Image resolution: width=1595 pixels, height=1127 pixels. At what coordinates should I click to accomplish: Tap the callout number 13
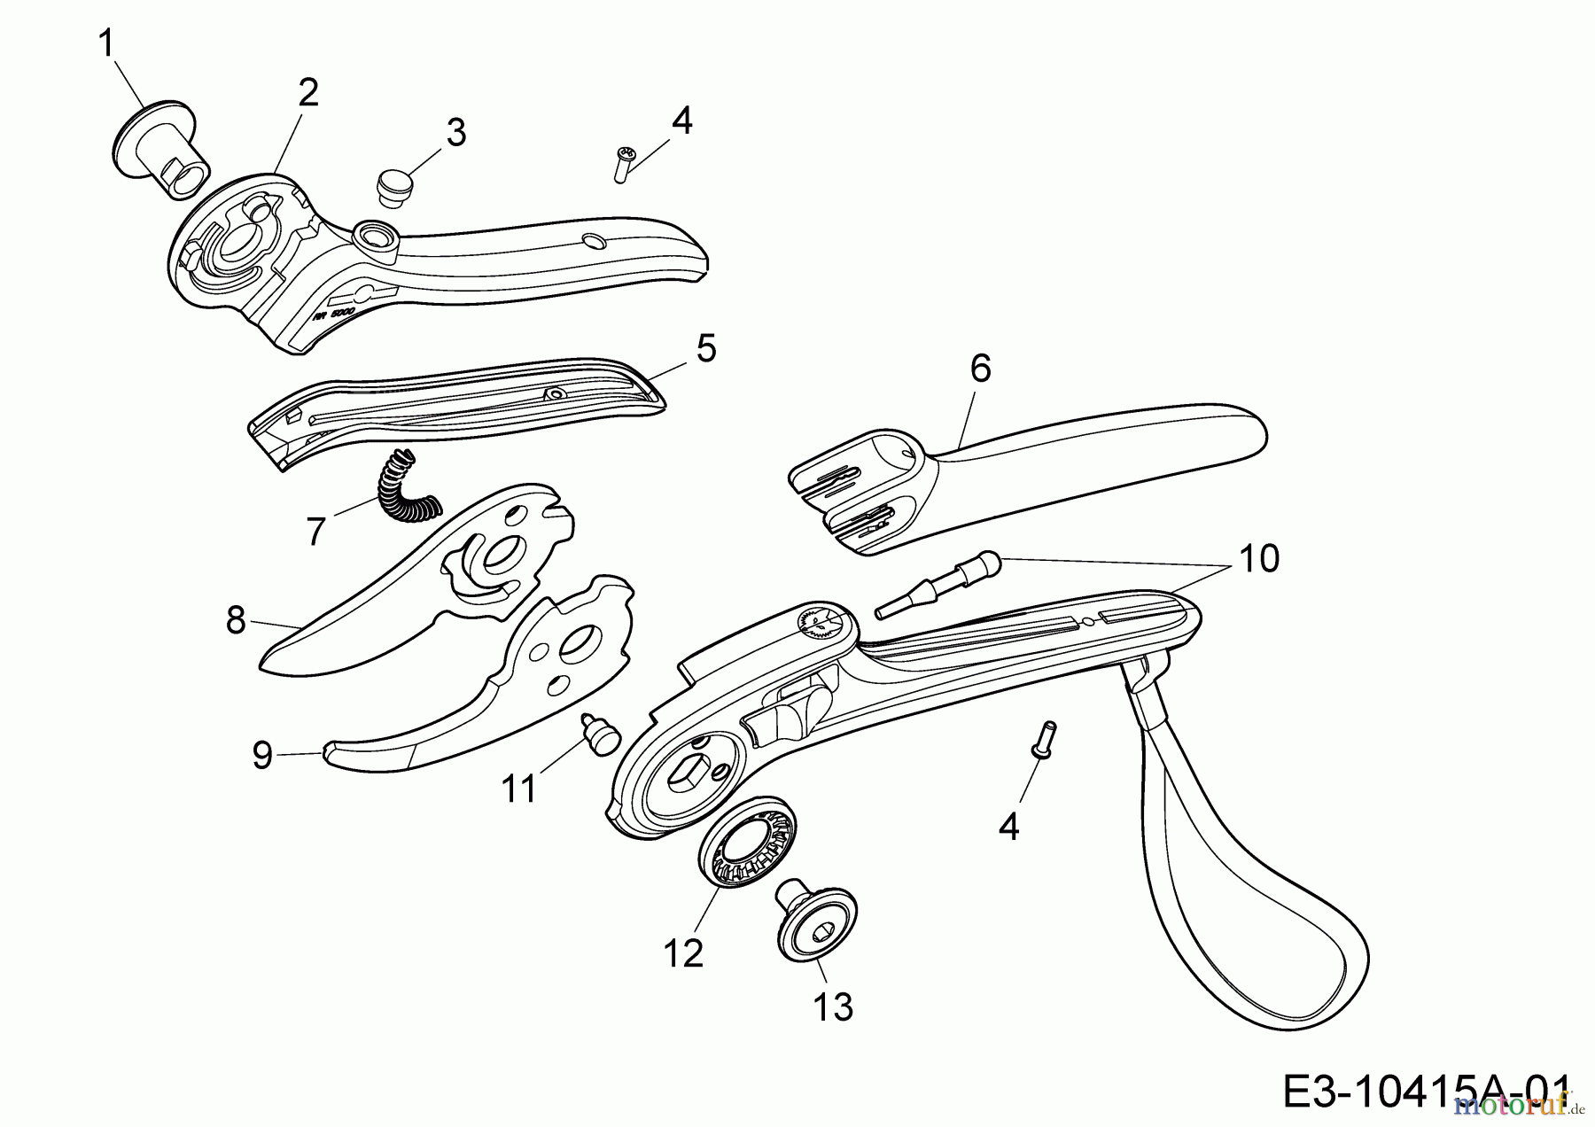point(833,1007)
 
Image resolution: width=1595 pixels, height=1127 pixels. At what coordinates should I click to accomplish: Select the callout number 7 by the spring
point(316,531)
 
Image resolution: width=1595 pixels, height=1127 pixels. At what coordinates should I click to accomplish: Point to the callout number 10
point(1260,559)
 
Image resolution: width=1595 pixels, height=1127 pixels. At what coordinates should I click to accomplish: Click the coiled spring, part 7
point(401,488)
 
